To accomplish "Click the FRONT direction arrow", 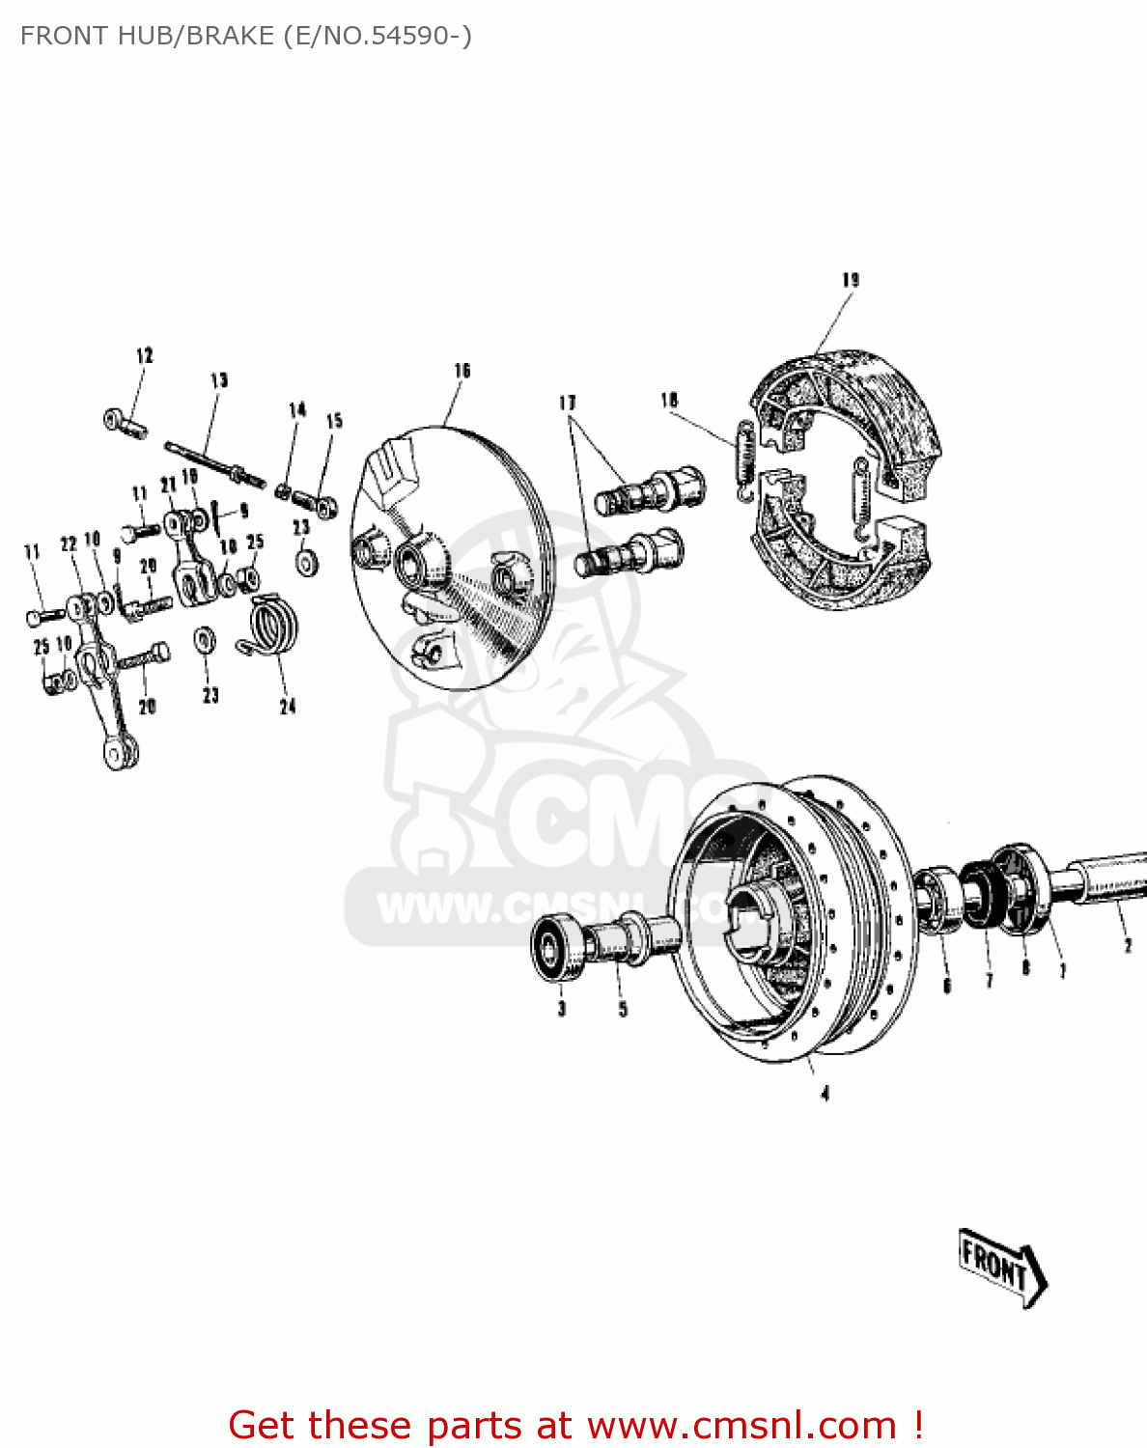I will pyautogui.click(x=1001, y=1267).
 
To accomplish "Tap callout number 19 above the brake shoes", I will pyautogui.click(x=851, y=280).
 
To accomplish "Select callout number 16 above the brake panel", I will pyautogui.click(x=462, y=371).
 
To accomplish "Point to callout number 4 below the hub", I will pyautogui.click(x=825, y=1094).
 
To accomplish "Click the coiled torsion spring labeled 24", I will pyautogui.click(x=274, y=625).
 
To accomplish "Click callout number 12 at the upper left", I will pyautogui.click(x=145, y=355).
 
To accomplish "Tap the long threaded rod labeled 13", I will pyautogui.click(x=214, y=462).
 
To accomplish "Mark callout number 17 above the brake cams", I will pyautogui.click(x=568, y=402).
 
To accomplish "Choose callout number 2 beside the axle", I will pyautogui.click(x=1128, y=945).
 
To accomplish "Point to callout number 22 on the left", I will pyautogui.click(x=69, y=543).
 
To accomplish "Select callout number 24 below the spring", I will pyautogui.click(x=288, y=707).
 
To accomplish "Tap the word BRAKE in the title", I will pyautogui.click(x=230, y=36).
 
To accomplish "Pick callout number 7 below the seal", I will pyautogui.click(x=989, y=981).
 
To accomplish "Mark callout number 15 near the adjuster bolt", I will pyautogui.click(x=334, y=421).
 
